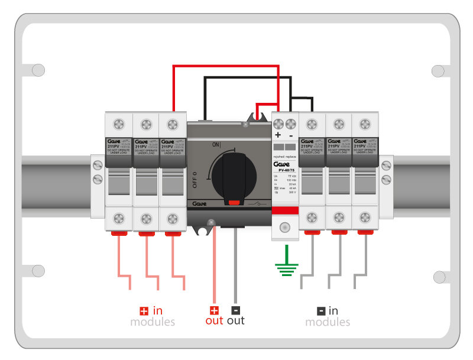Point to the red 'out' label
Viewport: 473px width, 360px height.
point(214,321)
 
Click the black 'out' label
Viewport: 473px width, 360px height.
point(235,321)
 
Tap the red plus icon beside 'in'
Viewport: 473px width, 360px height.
point(144,311)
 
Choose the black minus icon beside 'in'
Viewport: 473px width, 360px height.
point(321,311)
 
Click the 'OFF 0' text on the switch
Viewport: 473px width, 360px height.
point(196,178)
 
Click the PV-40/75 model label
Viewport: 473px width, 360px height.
point(284,170)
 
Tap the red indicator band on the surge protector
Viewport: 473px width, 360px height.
point(284,211)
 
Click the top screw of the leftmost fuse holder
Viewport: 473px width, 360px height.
point(118,125)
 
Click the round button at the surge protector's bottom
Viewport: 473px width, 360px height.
point(284,227)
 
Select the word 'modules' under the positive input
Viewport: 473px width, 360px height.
point(153,322)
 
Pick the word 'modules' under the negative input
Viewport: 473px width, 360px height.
point(328,322)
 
